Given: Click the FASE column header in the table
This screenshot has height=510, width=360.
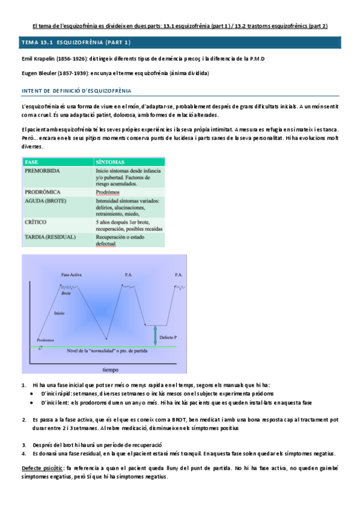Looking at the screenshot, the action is [x=32, y=162].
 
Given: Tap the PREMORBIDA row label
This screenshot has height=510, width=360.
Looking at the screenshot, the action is [x=42, y=171].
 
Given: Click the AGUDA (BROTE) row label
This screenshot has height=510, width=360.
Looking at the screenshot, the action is [x=46, y=200].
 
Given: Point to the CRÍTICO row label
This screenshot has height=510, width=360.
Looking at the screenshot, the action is [x=36, y=222].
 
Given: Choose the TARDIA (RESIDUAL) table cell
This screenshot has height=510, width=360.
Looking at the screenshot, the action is [x=50, y=237].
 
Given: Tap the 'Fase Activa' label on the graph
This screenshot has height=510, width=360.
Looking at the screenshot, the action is [x=72, y=275].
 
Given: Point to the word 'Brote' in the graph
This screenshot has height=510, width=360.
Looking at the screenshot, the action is [x=66, y=293].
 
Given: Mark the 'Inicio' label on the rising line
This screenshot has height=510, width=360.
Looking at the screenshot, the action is [x=59, y=313].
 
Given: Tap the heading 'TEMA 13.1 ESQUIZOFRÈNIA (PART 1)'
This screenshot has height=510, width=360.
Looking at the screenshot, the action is [x=76, y=43].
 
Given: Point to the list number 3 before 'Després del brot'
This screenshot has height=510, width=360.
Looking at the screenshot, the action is [x=23, y=444].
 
